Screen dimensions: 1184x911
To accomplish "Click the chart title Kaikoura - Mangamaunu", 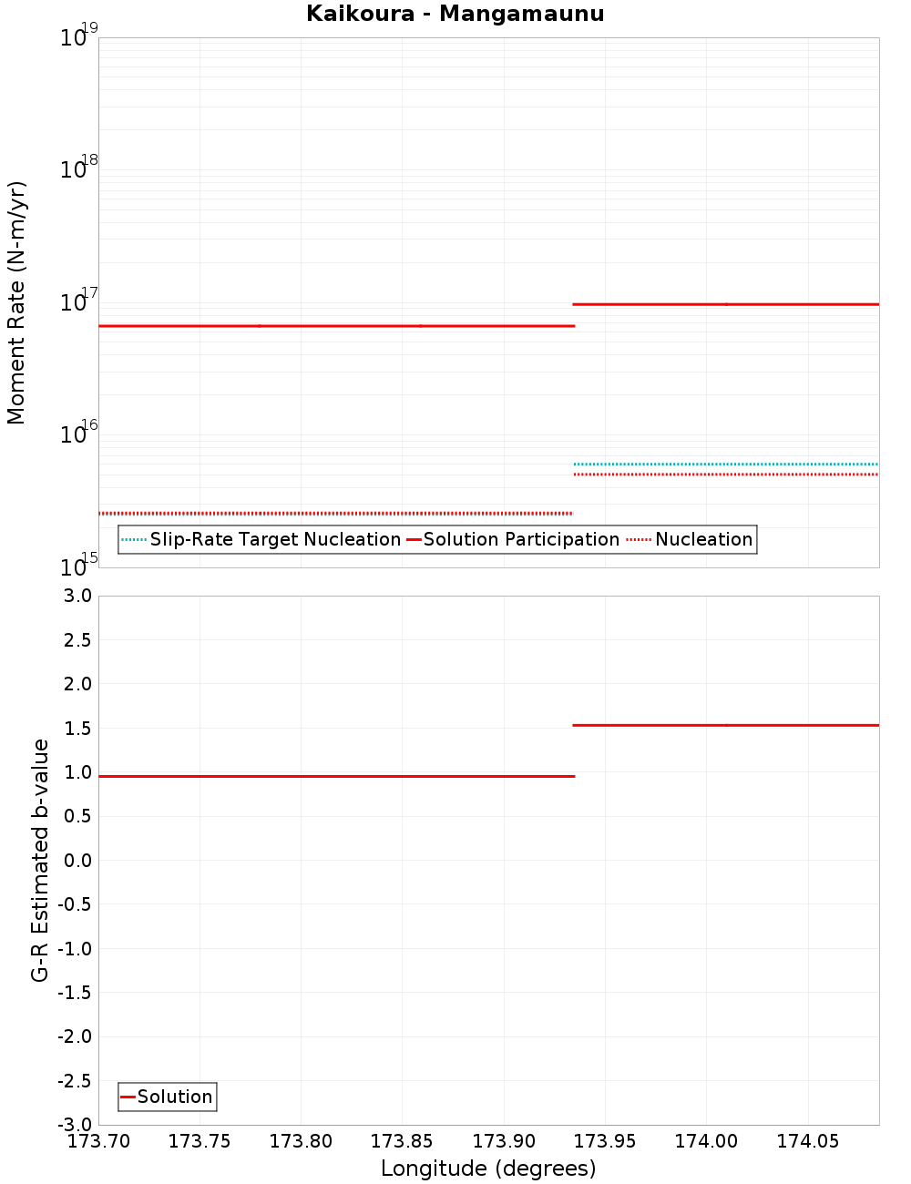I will coord(455,15).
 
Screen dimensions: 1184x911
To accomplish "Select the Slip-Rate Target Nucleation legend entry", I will coord(261,540).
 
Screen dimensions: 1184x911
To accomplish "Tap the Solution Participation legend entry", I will coord(513,540).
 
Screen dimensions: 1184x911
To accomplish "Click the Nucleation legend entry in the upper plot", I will coord(691,540).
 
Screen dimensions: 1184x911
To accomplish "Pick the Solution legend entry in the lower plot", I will coord(168,1097).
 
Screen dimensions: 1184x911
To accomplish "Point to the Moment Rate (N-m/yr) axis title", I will coord(16,302).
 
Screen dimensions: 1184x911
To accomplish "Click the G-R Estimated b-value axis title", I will coord(40,860).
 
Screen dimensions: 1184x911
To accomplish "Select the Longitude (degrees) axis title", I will coord(488,1169).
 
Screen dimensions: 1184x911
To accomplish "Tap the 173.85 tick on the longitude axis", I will coord(401,1141).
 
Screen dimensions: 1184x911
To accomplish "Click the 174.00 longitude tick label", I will coord(705,1141).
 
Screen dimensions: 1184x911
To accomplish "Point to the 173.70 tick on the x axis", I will coord(97,1141).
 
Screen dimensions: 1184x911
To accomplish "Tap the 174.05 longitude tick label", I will coord(806,1141).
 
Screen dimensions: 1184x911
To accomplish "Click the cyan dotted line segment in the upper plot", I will coord(725,464).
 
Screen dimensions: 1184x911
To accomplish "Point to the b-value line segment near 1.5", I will coord(725,725).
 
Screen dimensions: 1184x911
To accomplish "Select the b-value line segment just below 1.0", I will coord(336,776).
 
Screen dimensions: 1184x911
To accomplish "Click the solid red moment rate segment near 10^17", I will coord(725,304).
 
